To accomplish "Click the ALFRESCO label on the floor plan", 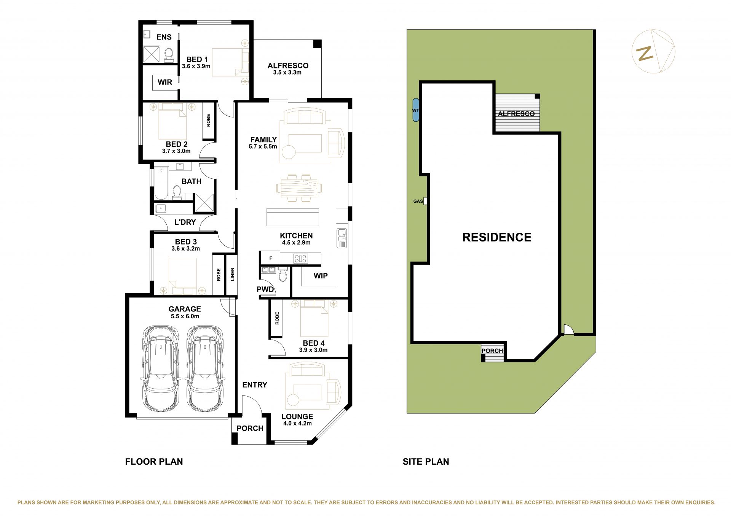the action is tap(288, 65).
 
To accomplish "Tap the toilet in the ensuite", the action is tap(169, 55).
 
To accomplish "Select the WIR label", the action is tap(165, 82).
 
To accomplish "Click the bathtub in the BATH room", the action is tap(161, 183).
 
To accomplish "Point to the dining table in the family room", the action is tap(299, 188).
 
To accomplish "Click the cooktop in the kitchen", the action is tap(300, 259).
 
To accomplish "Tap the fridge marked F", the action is tap(271, 258).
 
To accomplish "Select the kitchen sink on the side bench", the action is tap(342, 238).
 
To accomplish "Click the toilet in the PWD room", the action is tap(283, 274).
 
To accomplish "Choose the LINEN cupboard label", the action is tap(233, 275).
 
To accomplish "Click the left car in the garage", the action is tap(161, 368).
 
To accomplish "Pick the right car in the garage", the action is tap(205, 368).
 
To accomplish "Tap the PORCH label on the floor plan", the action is tap(250, 429).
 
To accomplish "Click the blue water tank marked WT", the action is tap(416, 110).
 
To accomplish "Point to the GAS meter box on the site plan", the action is tap(425, 201).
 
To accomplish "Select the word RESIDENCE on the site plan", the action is tap(497, 237).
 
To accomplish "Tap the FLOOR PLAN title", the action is tap(154, 462).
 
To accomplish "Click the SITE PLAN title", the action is tap(426, 462).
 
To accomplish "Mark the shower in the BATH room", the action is tap(204, 203).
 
